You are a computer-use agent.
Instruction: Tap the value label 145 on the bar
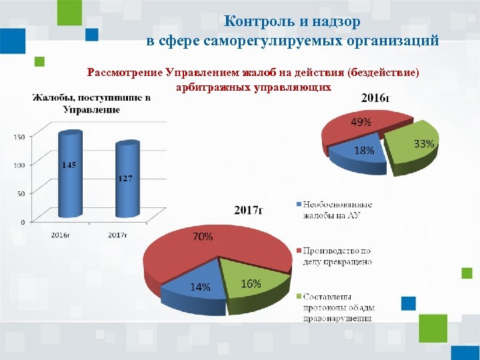tap(69, 165)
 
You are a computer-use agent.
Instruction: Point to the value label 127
tap(125, 179)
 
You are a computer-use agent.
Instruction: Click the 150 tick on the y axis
tap(19, 137)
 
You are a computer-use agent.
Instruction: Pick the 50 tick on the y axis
tap(21, 193)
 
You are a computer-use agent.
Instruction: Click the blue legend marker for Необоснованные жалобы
tap(297, 203)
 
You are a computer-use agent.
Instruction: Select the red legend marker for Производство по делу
tap(297, 251)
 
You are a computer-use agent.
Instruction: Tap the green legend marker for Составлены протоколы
tap(297, 296)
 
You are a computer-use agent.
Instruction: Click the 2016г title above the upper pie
tap(375, 98)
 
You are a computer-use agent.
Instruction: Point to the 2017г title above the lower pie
tap(248, 210)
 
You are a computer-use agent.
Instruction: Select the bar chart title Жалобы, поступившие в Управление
tap(91, 103)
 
